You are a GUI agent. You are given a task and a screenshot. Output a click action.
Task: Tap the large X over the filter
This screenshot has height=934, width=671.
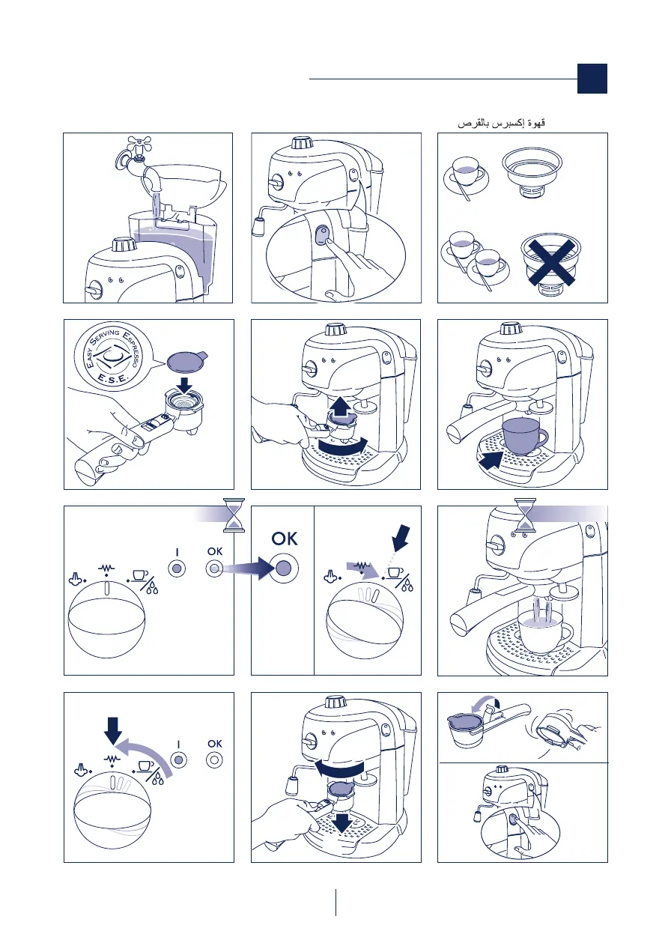551,264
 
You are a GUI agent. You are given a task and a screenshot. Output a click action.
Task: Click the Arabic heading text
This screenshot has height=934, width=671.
501,124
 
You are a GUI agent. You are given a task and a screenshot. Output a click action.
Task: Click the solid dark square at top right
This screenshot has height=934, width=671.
592,79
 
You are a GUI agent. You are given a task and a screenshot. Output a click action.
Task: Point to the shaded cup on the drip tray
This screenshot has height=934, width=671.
524,437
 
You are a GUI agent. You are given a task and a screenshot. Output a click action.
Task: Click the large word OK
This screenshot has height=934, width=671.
285,539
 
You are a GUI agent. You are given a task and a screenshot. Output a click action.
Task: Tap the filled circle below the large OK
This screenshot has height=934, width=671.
284,568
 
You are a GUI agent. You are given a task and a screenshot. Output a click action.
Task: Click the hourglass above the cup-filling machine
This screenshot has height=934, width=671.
525,515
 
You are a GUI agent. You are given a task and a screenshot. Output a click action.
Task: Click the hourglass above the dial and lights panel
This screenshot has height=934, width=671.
234,515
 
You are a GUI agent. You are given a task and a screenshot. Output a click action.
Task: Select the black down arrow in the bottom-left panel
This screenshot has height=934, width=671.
112,731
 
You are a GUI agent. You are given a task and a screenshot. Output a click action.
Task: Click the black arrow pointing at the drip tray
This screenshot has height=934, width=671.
491,460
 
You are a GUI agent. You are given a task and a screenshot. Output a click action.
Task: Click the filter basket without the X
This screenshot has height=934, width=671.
532,171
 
